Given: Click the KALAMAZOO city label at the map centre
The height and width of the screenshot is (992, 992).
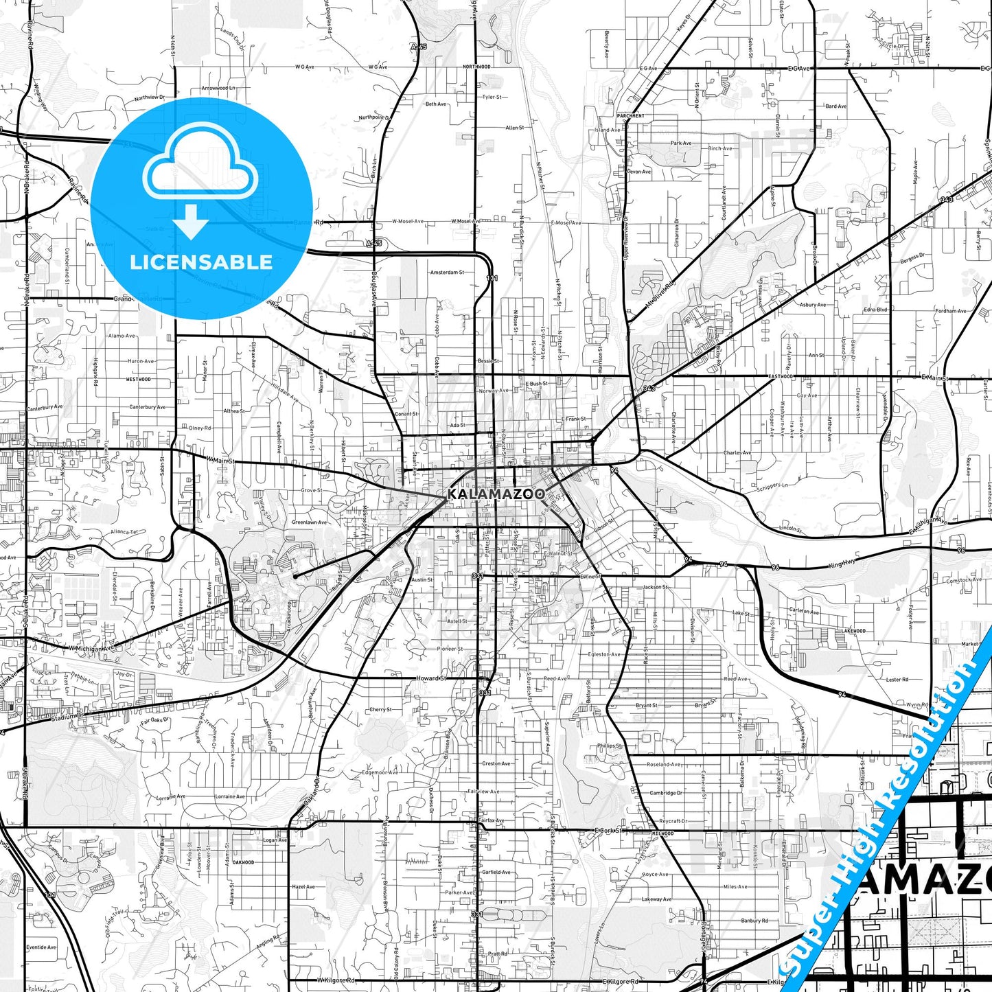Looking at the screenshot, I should pos(496,494).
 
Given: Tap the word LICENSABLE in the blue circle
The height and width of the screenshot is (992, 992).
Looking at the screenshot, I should pos(201,262).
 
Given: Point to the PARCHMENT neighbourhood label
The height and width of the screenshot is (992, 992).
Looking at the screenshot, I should pos(630,116).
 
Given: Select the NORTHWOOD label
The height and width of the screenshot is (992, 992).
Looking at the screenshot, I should pos(476,67).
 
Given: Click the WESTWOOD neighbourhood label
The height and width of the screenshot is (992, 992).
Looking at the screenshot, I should pos(138,379).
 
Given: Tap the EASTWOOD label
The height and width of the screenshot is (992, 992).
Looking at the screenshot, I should pos(780,377).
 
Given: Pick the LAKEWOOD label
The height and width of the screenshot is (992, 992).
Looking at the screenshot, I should pos(853,631).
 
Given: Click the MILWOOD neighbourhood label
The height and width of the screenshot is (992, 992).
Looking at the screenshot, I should pos(662,833).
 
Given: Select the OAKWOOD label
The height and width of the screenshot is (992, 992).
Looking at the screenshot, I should pos(243,862).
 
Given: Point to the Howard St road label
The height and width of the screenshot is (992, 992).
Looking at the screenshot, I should pos(432,678).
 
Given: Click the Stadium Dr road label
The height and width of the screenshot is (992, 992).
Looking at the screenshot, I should pos(67,717).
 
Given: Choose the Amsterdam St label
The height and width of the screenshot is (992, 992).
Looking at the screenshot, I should pos(446,273).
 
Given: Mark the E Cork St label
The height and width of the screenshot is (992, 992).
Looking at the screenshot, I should pos(608,831).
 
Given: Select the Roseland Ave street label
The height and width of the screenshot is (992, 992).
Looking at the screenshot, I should pos(663,765).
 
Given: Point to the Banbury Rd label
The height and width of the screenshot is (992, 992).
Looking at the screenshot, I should pos(754,921).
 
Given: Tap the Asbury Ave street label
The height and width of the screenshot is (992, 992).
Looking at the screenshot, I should pos(812,305).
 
